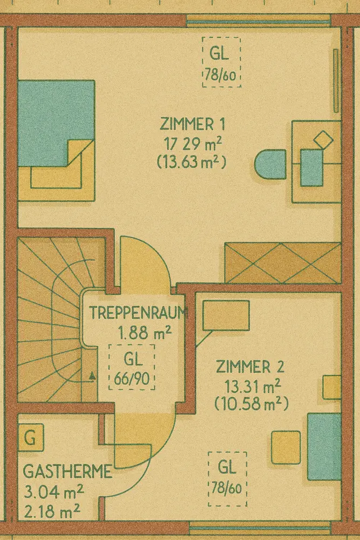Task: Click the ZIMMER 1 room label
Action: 192,124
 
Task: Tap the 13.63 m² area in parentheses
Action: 192,161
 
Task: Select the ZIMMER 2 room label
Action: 250,367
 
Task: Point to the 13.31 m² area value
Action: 252,386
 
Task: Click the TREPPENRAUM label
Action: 139,312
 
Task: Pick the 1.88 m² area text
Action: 145,333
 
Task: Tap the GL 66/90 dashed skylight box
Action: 132,367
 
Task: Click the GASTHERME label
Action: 67,471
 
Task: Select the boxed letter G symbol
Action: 31,438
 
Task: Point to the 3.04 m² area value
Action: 53,491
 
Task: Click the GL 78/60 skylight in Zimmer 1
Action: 221,62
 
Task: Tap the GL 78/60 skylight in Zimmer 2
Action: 227,479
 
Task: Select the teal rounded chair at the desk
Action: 270,164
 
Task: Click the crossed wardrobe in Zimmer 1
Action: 283,263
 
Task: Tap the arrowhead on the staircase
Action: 92,376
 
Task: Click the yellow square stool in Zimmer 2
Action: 286,447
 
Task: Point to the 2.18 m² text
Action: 52,511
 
